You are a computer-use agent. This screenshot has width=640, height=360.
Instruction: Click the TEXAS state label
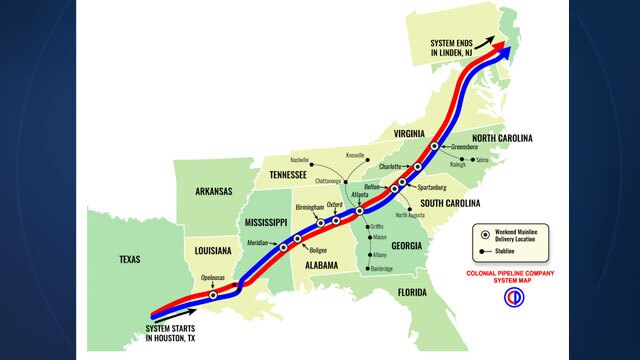(131, 259)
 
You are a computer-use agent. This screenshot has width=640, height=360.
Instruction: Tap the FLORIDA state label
(410, 292)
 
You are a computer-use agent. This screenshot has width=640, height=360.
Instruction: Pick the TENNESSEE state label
(291, 174)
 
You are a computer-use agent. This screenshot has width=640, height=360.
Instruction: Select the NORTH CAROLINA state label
(503, 138)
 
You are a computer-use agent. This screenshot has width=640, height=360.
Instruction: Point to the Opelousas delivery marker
(213, 295)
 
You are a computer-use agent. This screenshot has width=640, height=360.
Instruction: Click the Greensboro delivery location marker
(434, 146)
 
